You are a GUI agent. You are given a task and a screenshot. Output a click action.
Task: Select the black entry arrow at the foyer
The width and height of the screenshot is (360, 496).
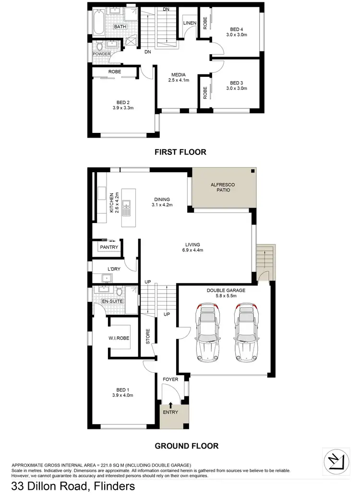tap(170, 406)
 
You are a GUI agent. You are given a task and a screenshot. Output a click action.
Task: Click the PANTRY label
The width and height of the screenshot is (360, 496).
tap(108, 247)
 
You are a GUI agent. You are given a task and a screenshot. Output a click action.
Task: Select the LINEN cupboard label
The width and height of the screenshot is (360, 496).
tap(188, 23)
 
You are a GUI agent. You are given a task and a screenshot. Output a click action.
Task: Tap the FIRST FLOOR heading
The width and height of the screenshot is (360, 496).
tap(180, 152)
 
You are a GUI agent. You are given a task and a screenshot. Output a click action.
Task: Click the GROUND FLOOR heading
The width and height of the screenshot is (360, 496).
tap(186, 446)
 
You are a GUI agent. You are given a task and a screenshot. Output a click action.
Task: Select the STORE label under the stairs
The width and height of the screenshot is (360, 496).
tap(148, 336)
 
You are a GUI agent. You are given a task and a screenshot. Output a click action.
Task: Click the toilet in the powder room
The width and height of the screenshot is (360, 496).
tap(100, 47)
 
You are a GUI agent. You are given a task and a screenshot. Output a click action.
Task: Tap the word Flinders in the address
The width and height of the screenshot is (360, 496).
tap(110, 487)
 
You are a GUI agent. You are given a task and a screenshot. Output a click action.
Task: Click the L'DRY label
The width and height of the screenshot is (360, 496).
tap(114, 269)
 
